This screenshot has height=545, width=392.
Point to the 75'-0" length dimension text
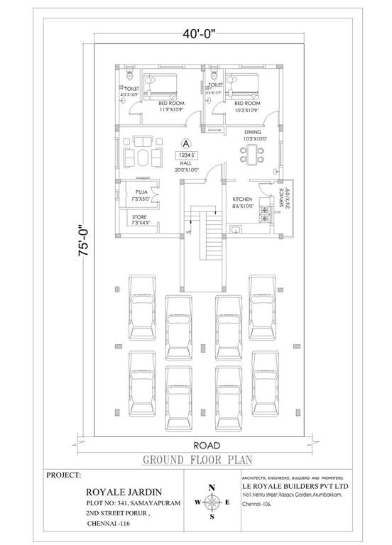coord(65,241)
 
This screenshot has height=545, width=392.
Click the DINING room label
coord(254,132)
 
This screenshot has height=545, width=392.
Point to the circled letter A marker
coord(186,142)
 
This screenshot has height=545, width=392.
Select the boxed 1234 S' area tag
coord(186,154)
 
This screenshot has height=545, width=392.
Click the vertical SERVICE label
coord(281,196)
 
